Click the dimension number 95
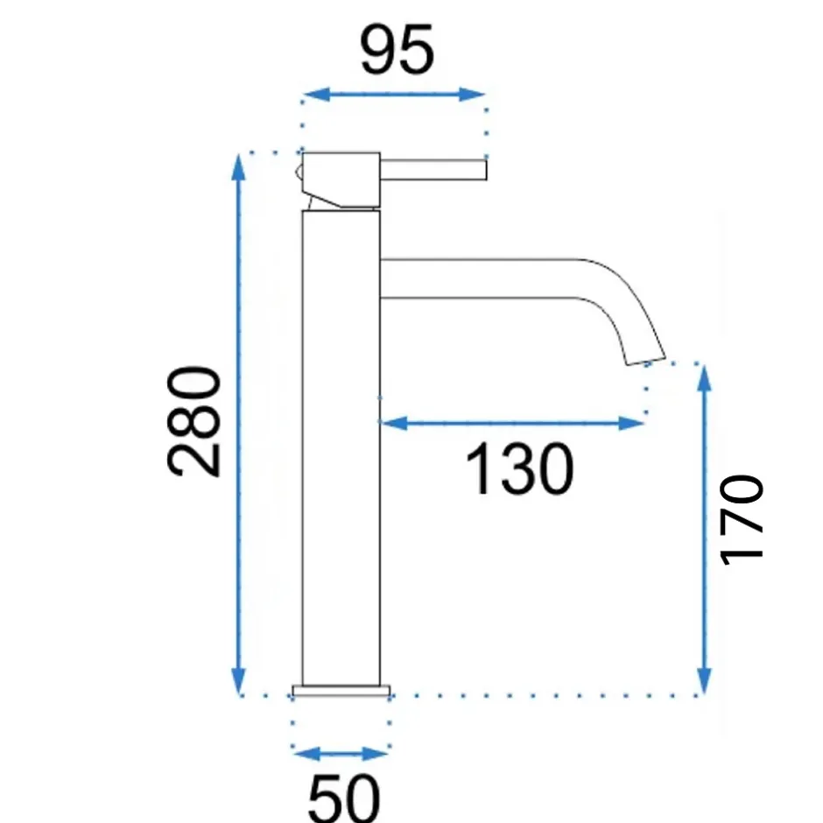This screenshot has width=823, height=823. click(x=397, y=50)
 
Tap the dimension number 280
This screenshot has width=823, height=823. click(x=193, y=421)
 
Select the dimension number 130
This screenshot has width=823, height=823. click(x=519, y=468)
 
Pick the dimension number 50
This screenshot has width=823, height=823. click(x=344, y=798)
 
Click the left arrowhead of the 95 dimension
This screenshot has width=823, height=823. click(x=316, y=95)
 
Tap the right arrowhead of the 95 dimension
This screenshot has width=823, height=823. click(x=471, y=95)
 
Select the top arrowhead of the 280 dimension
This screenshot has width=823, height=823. click(x=239, y=167)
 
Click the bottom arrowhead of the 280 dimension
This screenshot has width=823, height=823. click(x=239, y=682)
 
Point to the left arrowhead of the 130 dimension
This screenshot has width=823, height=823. click(x=394, y=423)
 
